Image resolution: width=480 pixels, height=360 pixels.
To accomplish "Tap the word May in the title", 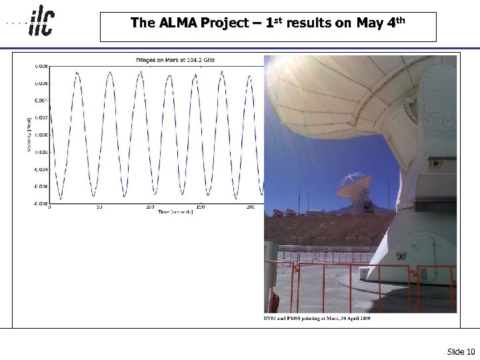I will coord(369,23).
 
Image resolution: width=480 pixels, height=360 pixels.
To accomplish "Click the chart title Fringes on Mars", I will coord(175,60).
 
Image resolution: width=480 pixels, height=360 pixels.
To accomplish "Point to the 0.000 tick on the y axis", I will coord(41,135).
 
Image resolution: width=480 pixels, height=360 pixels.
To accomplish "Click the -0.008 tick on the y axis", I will coord(41,203).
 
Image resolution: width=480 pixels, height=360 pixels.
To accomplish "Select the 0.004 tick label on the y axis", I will coord(41,100).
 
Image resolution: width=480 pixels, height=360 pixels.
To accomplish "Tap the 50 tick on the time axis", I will coord(99,207).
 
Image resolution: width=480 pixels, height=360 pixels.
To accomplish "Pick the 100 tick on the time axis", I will coord(150,207).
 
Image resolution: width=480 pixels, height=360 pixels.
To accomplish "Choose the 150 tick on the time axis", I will coord(201,207).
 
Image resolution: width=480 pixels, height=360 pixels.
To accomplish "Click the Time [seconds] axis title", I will coord(175,212).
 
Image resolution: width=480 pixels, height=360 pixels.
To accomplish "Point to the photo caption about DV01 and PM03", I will coord(317,318).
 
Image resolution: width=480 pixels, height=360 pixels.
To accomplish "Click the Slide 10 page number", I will coord(461,351).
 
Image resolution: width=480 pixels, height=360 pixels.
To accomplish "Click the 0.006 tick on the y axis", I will coord(41,83).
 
